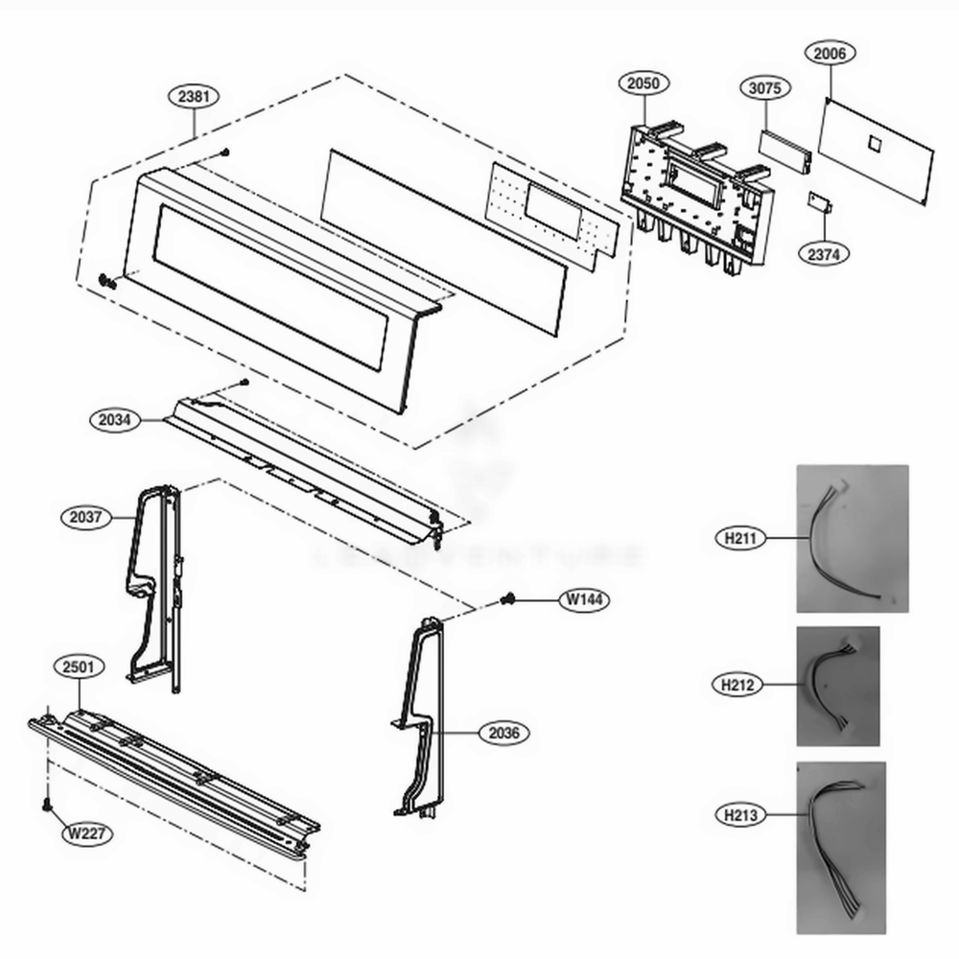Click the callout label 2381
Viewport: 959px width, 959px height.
tap(194, 96)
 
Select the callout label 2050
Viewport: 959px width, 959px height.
tap(643, 83)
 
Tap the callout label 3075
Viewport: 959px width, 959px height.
tap(765, 88)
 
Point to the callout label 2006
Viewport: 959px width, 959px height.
tap(830, 55)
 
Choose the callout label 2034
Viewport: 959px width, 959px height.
tap(114, 420)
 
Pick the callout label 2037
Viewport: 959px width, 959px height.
tap(86, 517)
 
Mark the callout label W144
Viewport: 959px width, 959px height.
tap(585, 600)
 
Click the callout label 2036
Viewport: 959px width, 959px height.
tap(503, 734)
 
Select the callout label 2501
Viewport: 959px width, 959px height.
tap(79, 667)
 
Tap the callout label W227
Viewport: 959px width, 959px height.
tap(87, 833)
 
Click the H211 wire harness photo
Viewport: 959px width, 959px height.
tap(853, 538)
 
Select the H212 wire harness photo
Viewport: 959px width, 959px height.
tap(837, 686)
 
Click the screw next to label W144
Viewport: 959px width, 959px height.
tap(508, 599)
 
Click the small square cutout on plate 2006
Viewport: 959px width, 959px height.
tap(874, 143)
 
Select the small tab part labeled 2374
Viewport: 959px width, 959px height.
tap(818, 202)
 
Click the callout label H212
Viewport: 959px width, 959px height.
tap(739, 685)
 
